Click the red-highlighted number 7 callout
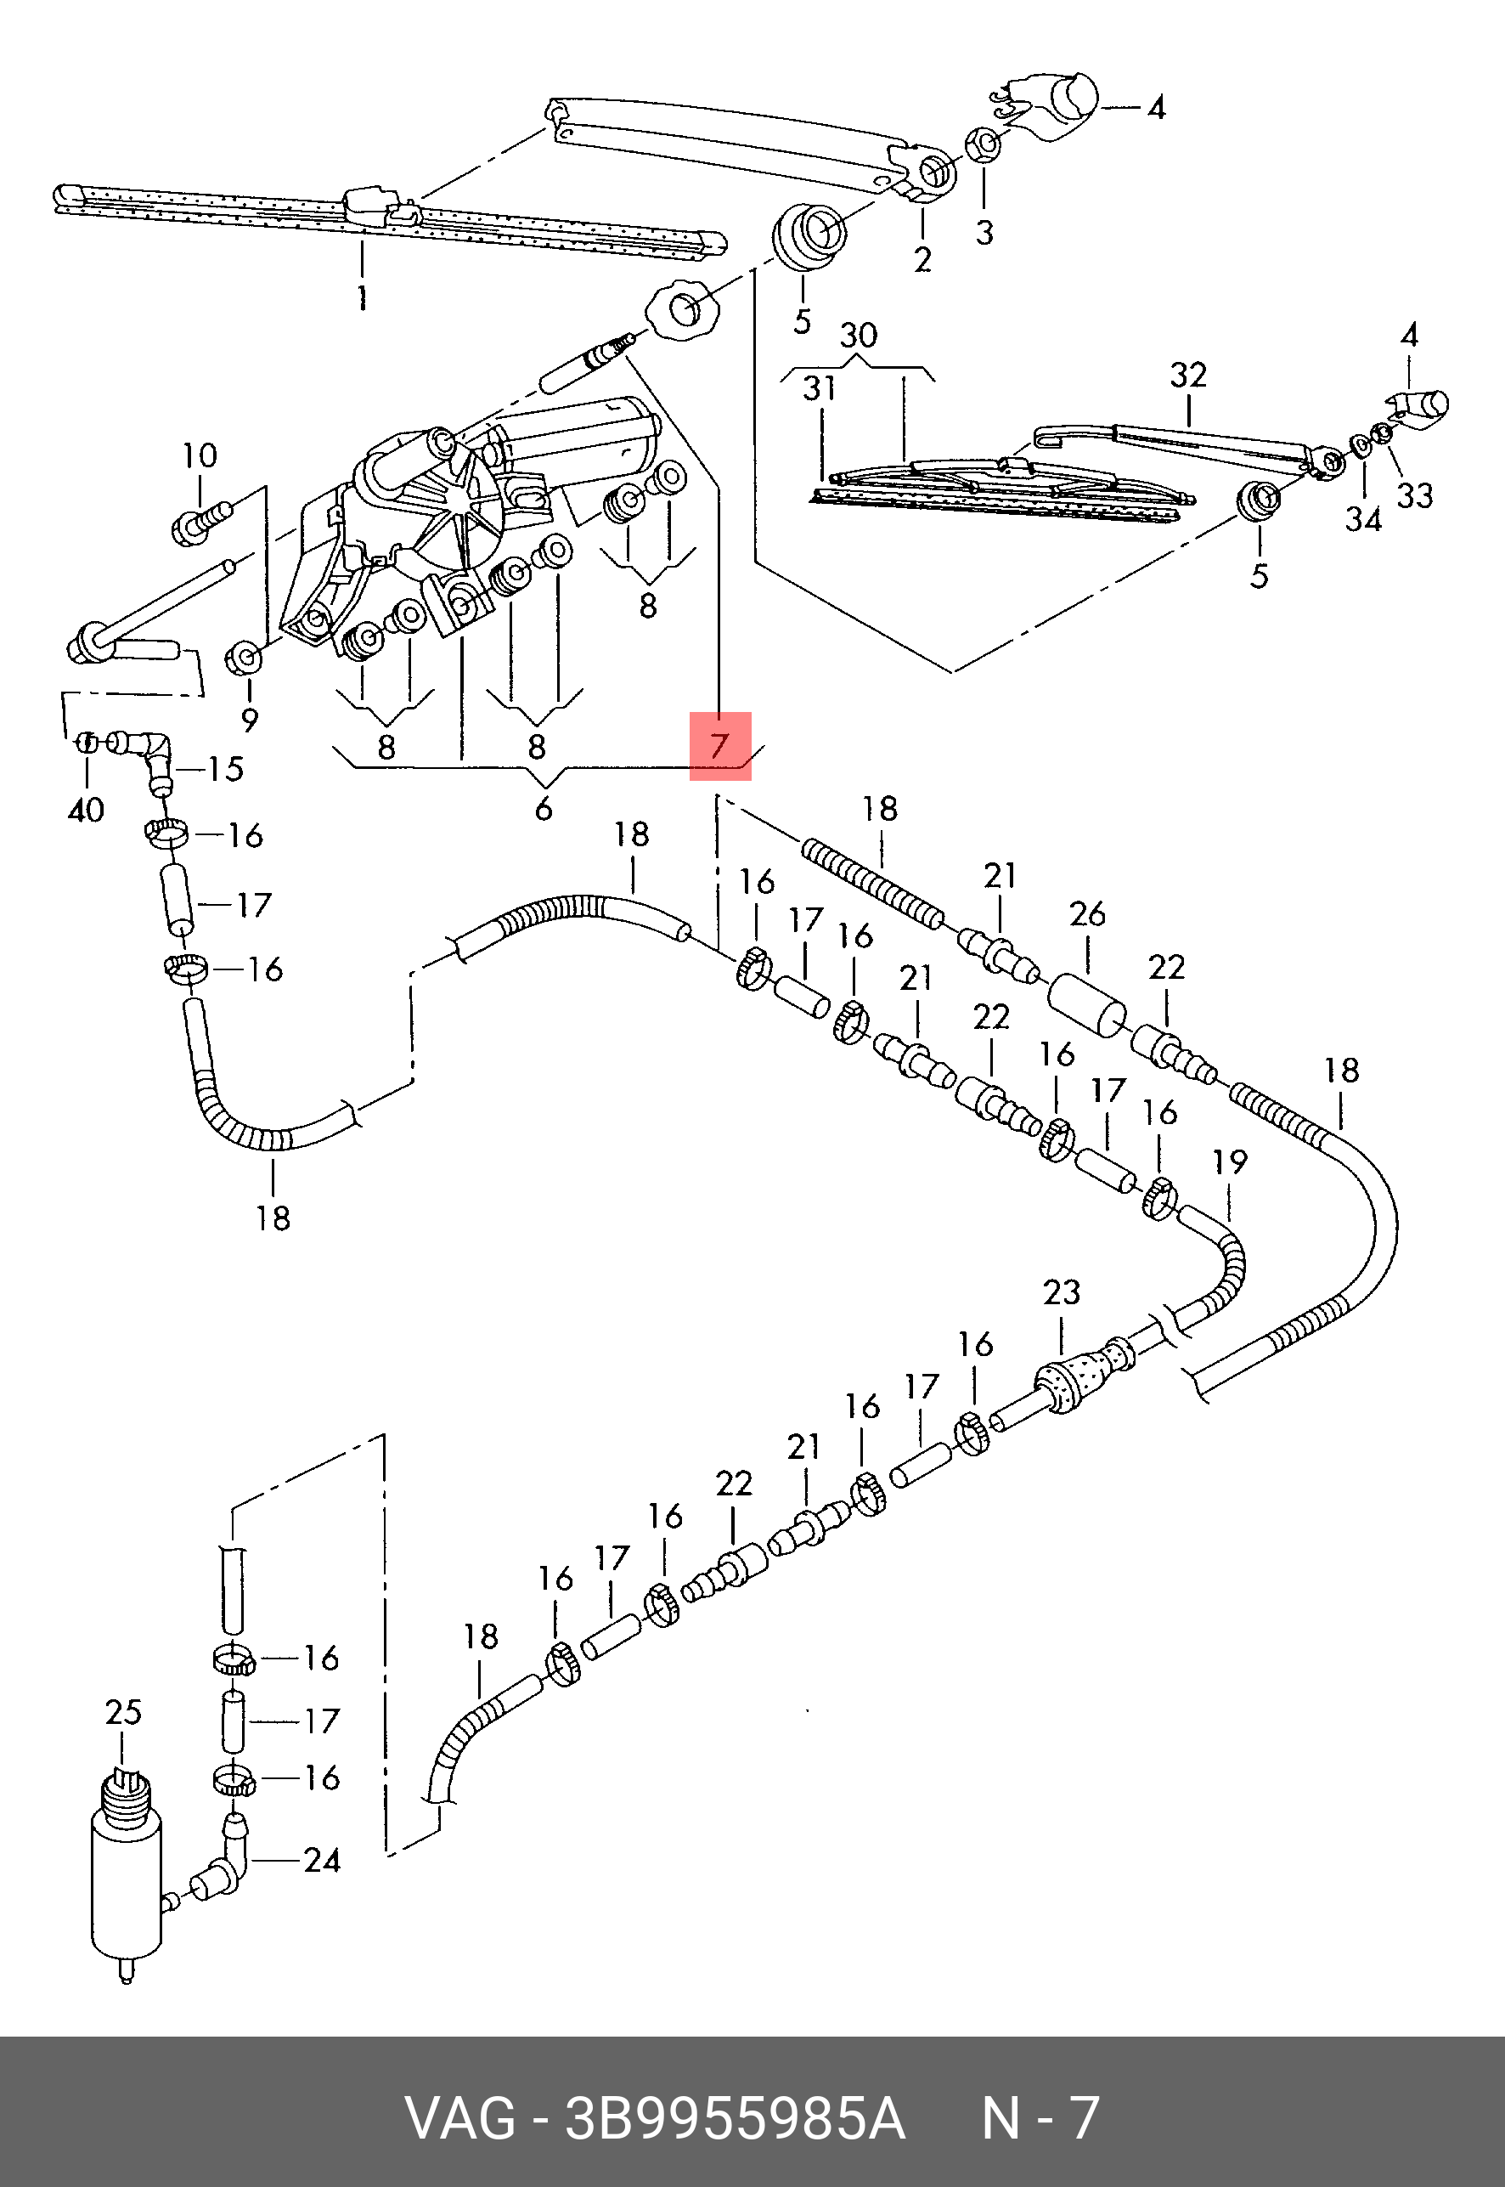pos(719,746)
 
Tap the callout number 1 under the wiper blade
pos(362,298)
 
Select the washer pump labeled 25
pos(127,1872)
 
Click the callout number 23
pos(1061,1292)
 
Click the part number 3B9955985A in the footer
pos(734,2118)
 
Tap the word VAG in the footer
pos(460,2118)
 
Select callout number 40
pos(86,809)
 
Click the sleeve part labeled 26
pos(1086,1005)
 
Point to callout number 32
pos(1188,376)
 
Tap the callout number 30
pos(858,335)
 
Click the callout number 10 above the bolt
pos(199,455)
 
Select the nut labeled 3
pos(983,146)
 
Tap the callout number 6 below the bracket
pos(544,808)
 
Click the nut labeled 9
pos(243,658)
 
